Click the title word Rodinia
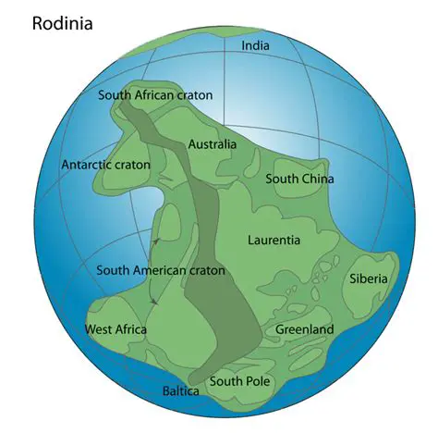[63, 22]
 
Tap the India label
[256, 45]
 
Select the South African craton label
[155, 95]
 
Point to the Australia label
[212, 144]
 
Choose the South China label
[299, 179]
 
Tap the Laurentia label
[274, 240]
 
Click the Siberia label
[369, 278]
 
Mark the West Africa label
[116, 329]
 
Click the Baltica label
[181, 391]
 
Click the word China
[316, 179]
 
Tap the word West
[99, 329]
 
